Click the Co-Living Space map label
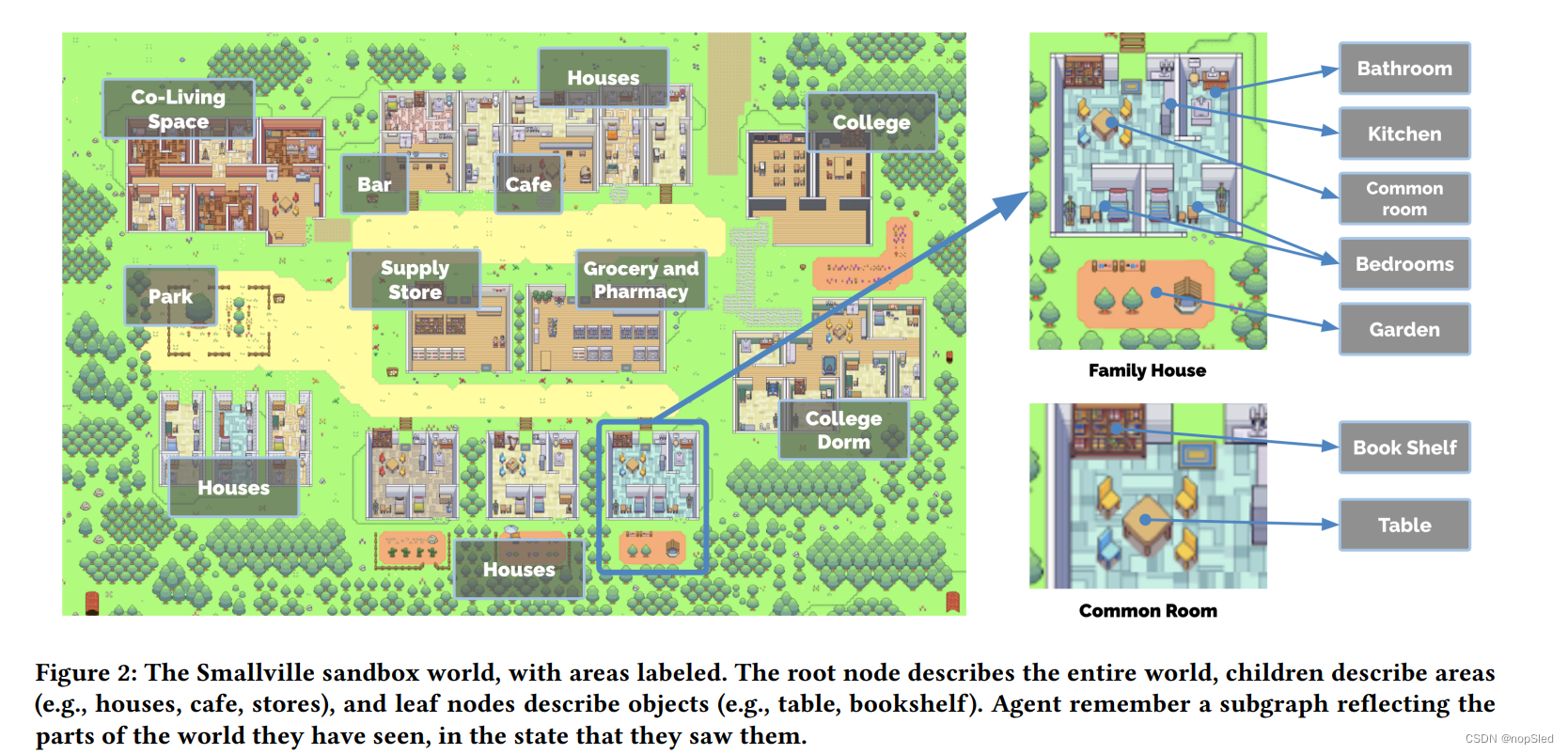pyautogui.click(x=179, y=109)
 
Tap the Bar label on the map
pyautogui.click(x=374, y=184)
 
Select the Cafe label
pyautogui.click(x=528, y=184)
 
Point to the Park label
pyautogui.click(x=170, y=296)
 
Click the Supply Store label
pyautogui.click(x=415, y=279)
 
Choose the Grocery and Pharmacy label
pyautogui.click(x=641, y=279)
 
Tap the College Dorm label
pyautogui.click(x=843, y=430)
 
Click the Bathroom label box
pyautogui.click(x=1404, y=69)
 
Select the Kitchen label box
pyautogui.click(x=1404, y=134)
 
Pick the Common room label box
pyautogui.click(x=1404, y=198)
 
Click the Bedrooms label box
pyautogui.click(x=1404, y=264)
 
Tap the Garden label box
pyautogui.click(x=1404, y=329)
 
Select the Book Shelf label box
pyautogui.click(x=1404, y=448)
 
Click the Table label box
pyautogui.click(x=1404, y=525)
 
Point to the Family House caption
pyautogui.click(x=1147, y=370)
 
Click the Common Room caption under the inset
pyautogui.click(x=1148, y=611)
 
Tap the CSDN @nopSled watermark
pyautogui.click(x=1509, y=739)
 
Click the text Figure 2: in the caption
pyautogui.click(x=86, y=673)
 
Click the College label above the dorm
pyautogui.click(x=871, y=122)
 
